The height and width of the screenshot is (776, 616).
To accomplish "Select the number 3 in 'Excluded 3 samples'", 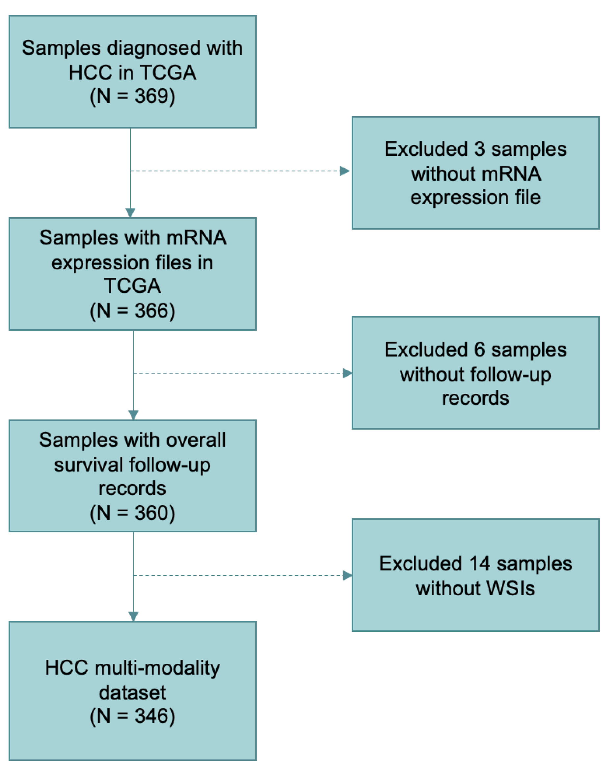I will (x=479, y=149).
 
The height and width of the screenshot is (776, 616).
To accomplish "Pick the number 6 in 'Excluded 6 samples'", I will (x=479, y=350).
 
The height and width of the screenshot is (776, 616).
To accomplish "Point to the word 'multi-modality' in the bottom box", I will (x=157, y=668).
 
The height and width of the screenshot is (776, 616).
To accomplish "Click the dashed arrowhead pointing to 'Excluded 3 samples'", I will (x=344, y=171).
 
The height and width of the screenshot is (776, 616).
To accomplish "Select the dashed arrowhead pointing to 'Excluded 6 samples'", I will (x=347, y=373).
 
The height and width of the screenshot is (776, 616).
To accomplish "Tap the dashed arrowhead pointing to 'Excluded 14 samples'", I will (x=347, y=575).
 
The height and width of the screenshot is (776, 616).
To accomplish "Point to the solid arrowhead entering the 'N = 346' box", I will (x=134, y=617).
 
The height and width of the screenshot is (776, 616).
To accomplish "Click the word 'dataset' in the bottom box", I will (x=132, y=692).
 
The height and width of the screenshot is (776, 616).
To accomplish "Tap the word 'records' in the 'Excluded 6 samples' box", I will (x=475, y=398).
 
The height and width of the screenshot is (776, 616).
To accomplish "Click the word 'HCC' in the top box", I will (x=90, y=72).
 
